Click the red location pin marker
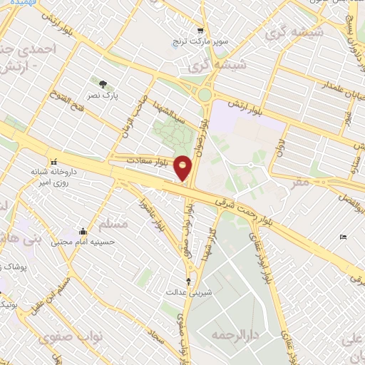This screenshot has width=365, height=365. pos(183,168)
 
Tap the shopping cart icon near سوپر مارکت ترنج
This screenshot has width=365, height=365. pos(200,31)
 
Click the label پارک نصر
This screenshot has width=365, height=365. pos(106,95)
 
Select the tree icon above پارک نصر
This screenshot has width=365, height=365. pos(106,83)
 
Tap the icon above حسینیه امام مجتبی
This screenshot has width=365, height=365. pos(83,232)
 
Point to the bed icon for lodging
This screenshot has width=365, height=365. pos(344,237)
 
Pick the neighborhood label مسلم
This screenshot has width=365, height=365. pos(114,224)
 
